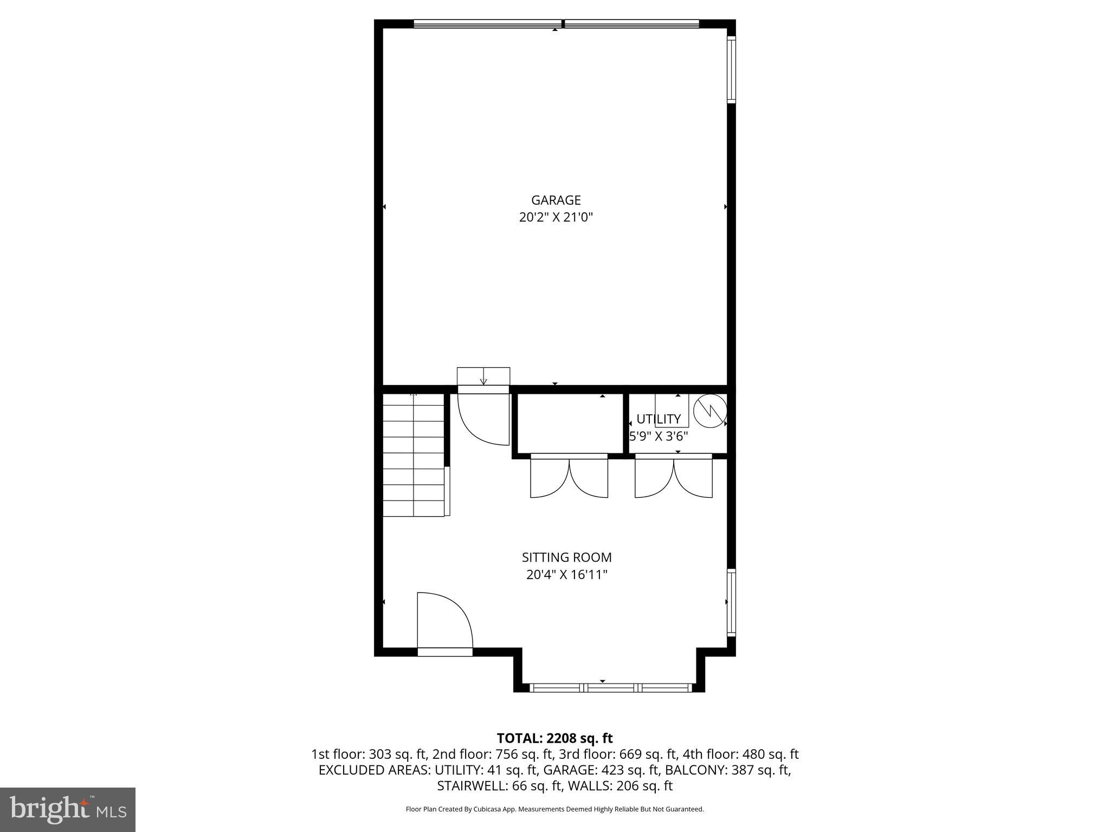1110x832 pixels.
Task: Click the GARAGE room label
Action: (556, 200)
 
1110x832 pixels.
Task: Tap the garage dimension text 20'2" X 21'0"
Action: (556, 218)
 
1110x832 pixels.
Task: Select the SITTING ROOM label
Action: (566, 557)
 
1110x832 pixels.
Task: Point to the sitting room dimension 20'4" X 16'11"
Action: (566, 575)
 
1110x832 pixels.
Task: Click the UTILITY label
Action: (658, 419)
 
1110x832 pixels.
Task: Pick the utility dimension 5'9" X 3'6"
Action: (658, 436)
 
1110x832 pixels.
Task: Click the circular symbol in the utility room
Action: (710, 410)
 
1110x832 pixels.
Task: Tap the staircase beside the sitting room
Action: (414, 455)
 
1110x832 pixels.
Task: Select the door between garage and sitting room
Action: (483, 417)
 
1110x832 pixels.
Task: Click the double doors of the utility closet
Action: (674, 477)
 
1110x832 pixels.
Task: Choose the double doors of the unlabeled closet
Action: (569, 477)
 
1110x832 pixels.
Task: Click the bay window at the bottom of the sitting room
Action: (611, 688)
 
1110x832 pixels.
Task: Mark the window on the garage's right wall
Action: (731, 69)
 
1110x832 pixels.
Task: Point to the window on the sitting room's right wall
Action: (731, 602)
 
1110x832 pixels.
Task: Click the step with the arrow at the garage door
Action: (483, 376)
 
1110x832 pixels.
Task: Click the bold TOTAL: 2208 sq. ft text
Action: (554, 738)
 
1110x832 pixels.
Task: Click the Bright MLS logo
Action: (68, 809)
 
